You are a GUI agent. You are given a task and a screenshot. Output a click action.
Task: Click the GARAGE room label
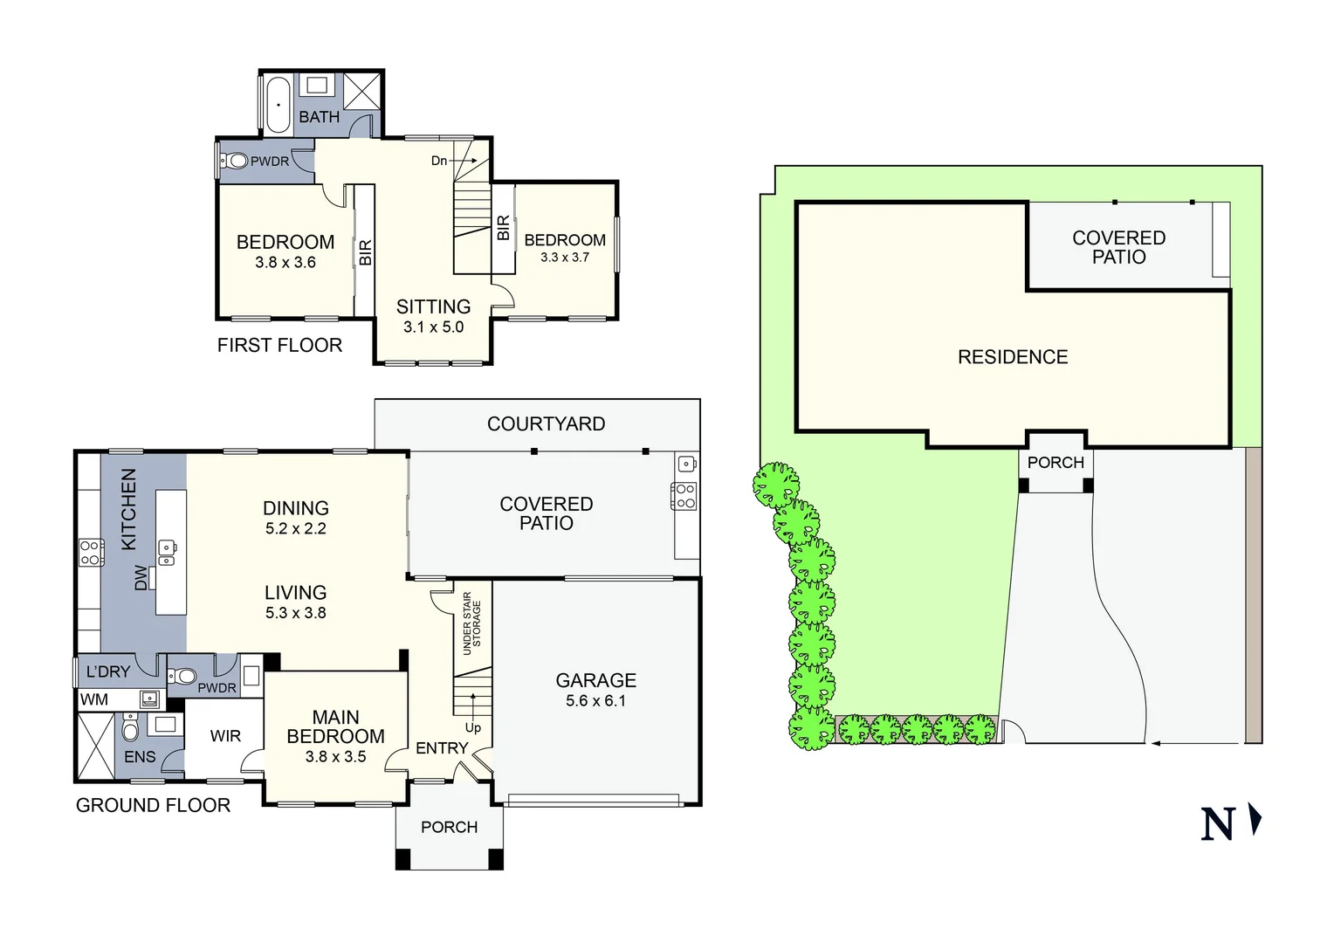pyautogui.click(x=595, y=680)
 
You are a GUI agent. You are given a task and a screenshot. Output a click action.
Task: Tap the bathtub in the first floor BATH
pyautogui.click(x=278, y=104)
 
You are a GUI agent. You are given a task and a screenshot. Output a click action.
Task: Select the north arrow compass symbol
pyautogui.click(x=1230, y=823)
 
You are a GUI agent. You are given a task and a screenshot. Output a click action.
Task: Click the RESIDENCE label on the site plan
pyautogui.click(x=1013, y=357)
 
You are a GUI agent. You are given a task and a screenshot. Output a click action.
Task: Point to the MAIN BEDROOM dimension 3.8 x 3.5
pyautogui.click(x=335, y=757)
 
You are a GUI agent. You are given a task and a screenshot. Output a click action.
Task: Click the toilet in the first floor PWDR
pyautogui.click(x=235, y=161)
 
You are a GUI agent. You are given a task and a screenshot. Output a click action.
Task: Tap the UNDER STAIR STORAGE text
pyautogui.click(x=471, y=623)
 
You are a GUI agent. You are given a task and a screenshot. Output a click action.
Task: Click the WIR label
pyautogui.click(x=225, y=736)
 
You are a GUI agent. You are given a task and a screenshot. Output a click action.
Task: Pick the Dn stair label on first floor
pyautogui.click(x=439, y=161)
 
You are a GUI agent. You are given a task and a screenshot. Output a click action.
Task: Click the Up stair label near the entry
pyautogui.click(x=472, y=727)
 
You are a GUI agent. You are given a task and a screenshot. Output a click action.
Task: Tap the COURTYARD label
pyautogui.click(x=546, y=424)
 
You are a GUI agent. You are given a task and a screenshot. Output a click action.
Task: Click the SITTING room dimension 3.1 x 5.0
pyautogui.click(x=433, y=327)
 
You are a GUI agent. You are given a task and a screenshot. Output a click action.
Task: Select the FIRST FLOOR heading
pyautogui.click(x=279, y=346)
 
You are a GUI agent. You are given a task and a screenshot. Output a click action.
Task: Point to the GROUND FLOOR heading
pyautogui.click(x=153, y=805)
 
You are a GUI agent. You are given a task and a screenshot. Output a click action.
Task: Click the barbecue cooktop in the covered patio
pyautogui.click(x=684, y=496)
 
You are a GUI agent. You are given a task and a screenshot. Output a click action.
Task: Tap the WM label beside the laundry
pyautogui.click(x=94, y=699)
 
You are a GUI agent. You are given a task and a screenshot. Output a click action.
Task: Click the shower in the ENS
pyautogui.click(x=95, y=746)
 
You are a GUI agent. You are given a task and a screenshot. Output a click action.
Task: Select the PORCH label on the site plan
pyautogui.click(x=1056, y=463)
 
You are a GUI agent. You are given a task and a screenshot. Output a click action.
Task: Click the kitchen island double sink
pyautogui.click(x=166, y=552)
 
